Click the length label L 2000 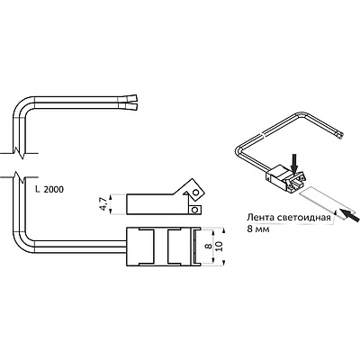point(49,190)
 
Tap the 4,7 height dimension point(103,204)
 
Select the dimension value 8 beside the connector point(206,246)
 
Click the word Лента point(260,218)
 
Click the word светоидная point(304,218)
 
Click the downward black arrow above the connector point(295,163)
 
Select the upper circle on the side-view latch point(195,192)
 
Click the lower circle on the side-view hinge point(194,210)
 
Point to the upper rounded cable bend point(22,105)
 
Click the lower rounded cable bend point(22,243)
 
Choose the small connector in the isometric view point(286,178)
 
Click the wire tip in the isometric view point(340,136)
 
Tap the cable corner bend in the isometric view point(240,150)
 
